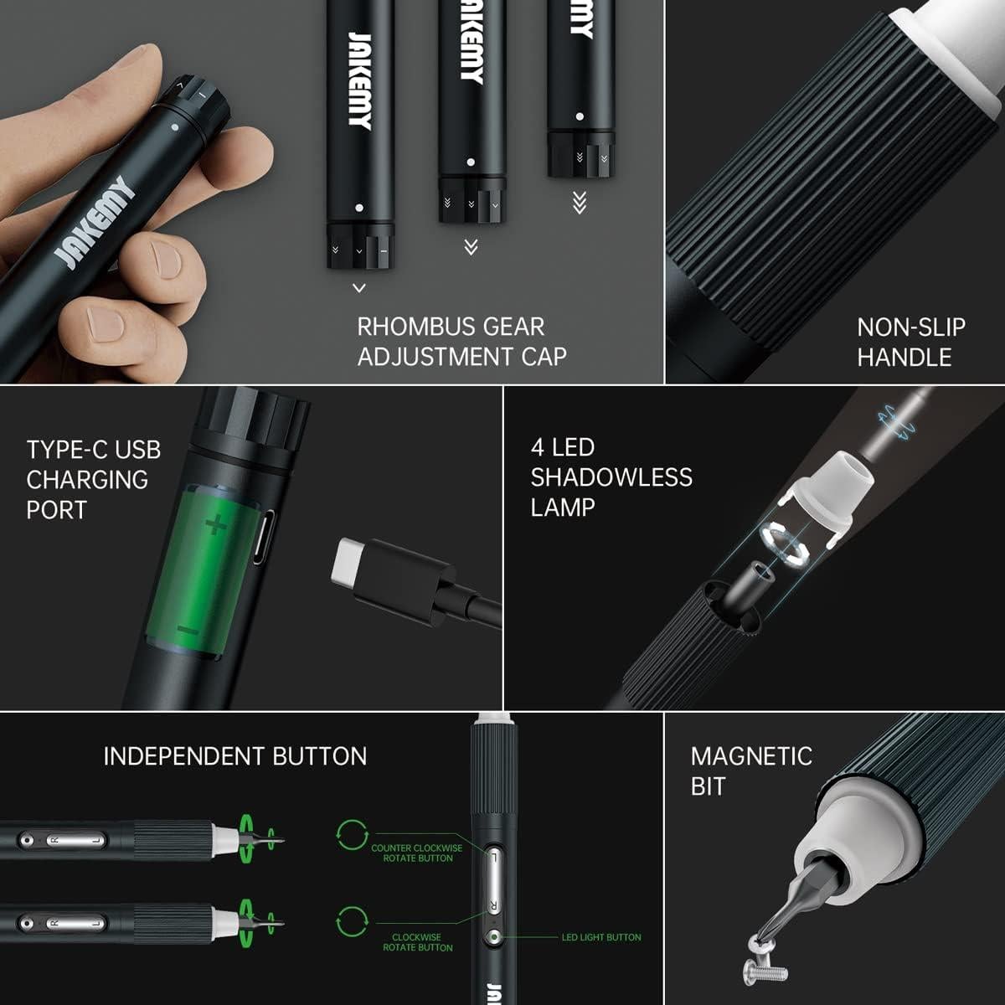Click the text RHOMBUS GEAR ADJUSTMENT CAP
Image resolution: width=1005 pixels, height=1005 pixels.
coord(461,341)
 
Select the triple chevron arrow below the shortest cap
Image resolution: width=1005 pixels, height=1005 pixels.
coord(579,203)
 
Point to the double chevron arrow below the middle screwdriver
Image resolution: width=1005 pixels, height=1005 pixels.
coord(471,246)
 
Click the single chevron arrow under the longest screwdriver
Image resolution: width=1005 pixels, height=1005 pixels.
coord(359,288)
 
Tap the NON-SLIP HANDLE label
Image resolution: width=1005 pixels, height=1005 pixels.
coord(910,342)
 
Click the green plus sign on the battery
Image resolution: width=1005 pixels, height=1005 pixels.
coord(216,525)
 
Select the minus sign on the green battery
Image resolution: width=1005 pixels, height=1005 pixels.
coord(188,630)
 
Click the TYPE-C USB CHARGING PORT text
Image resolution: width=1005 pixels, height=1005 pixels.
coord(93,479)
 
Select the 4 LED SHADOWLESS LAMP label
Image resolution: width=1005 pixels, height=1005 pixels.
coord(611,477)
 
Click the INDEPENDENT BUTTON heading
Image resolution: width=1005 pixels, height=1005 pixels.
coord(234,756)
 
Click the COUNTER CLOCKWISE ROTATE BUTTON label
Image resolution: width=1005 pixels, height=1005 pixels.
coord(416,853)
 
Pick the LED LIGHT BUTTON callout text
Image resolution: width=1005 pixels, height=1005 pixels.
coord(600,937)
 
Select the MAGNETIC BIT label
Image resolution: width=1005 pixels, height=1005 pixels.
coord(750,770)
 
